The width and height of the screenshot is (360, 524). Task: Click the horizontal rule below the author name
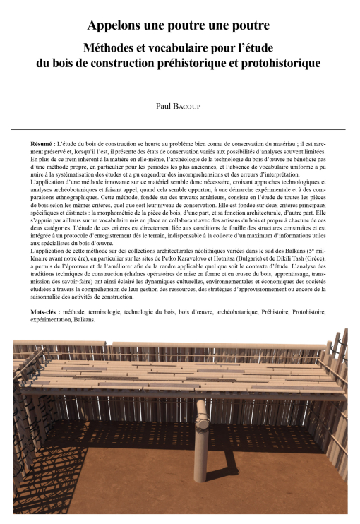[x=179, y=129]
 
